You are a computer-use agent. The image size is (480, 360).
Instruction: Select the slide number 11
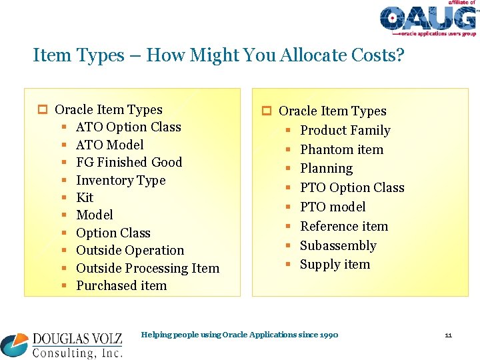pyautogui.click(x=449, y=335)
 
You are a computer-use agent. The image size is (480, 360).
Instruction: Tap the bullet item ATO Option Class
pyautogui.click(x=129, y=127)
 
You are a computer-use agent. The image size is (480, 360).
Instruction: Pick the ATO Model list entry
pyautogui.click(x=110, y=145)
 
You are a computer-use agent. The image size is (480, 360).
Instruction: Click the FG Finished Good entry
pyautogui.click(x=129, y=162)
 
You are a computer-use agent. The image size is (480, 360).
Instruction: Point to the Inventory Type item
pyautogui.click(x=121, y=180)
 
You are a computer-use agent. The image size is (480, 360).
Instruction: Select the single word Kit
pyautogui.click(x=85, y=197)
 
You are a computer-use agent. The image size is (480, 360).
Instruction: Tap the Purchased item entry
pyautogui.click(x=121, y=285)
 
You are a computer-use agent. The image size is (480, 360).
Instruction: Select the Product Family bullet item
pyautogui.click(x=345, y=130)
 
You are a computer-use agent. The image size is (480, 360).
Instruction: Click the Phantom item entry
pyautogui.click(x=341, y=149)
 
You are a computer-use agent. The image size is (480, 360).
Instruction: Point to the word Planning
pyautogui.click(x=326, y=169)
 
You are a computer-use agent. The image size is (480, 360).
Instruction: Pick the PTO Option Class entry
pyautogui.click(x=352, y=187)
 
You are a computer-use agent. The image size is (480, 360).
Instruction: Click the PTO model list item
pyautogui.click(x=333, y=207)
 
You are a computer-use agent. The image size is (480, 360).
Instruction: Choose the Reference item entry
pyautogui.click(x=344, y=226)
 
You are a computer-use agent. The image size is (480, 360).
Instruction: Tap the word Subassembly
pyautogui.click(x=338, y=245)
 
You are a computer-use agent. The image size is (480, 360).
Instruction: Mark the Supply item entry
pyautogui.click(x=335, y=264)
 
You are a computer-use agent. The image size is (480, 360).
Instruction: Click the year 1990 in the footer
pyautogui.click(x=327, y=335)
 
